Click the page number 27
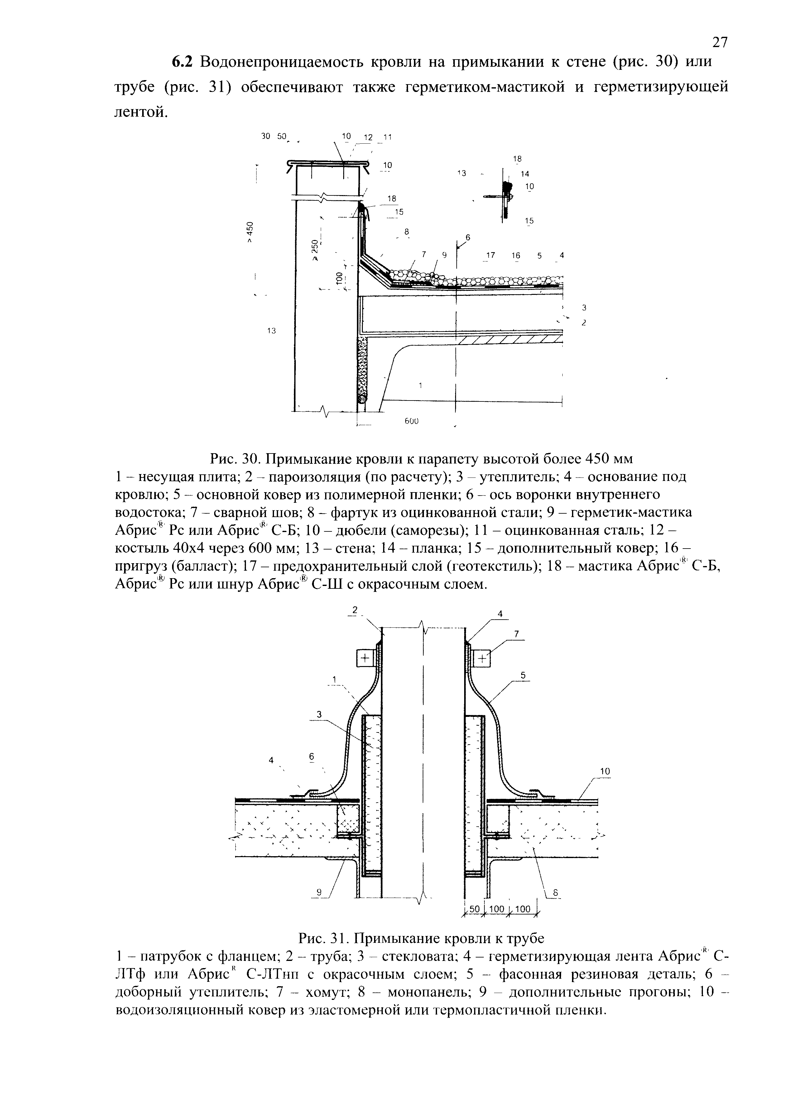[719, 42]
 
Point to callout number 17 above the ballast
[491, 255]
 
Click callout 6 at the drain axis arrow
[467, 237]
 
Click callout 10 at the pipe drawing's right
[605, 772]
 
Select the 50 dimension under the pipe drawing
[475, 909]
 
